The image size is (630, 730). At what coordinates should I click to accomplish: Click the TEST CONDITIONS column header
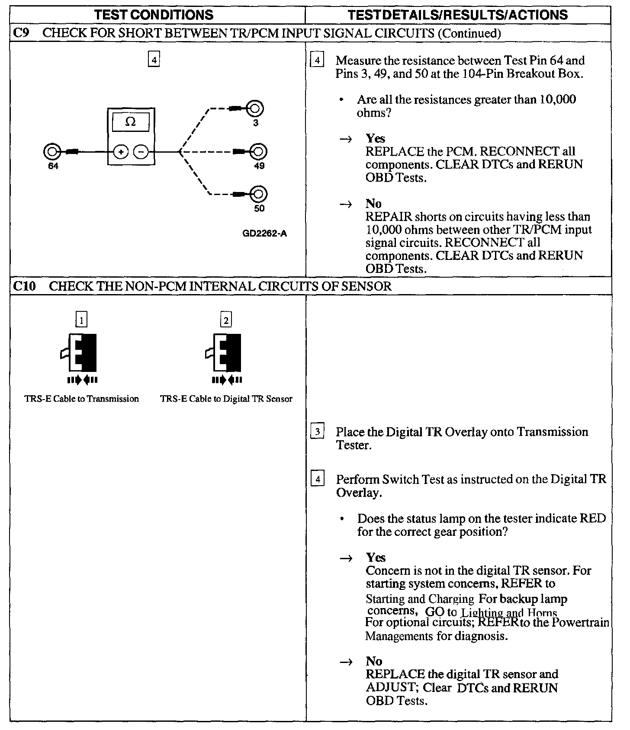click(154, 15)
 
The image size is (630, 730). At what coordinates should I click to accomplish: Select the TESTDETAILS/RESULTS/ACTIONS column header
click(458, 15)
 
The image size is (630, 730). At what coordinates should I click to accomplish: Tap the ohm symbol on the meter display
click(130, 122)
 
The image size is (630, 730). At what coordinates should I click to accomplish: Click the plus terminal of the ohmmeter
click(121, 152)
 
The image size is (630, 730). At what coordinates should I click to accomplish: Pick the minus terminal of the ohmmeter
click(141, 152)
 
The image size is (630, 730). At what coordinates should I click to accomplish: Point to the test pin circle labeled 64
click(51, 152)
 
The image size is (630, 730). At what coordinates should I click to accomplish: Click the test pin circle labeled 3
click(255, 108)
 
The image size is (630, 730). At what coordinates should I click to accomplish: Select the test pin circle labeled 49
click(259, 151)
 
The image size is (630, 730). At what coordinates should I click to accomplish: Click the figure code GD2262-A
click(265, 234)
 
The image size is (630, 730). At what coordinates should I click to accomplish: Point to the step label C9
click(22, 33)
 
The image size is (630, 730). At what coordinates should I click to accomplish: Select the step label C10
click(24, 286)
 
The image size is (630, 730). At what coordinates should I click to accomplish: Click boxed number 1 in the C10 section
click(81, 320)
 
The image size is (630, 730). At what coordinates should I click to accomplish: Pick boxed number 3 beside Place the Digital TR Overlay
click(318, 432)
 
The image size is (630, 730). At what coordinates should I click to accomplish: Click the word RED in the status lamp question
click(592, 519)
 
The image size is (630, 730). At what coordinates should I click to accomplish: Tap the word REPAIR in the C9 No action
click(389, 217)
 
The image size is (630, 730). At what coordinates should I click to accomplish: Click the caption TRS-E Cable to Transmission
click(82, 399)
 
